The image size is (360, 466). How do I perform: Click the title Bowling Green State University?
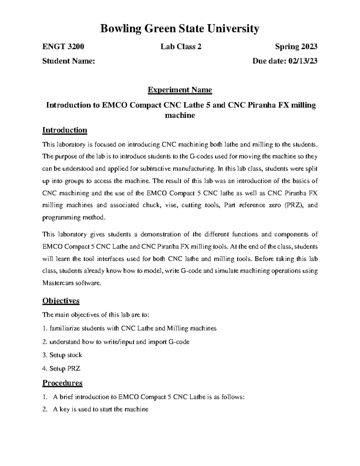click(180, 29)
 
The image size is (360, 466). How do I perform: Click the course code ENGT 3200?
click(63, 47)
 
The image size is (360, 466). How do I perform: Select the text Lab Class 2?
click(181, 47)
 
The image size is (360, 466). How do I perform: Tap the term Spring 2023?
click(296, 47)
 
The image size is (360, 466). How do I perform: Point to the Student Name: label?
click(69, 61)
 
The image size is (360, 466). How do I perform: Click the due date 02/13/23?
click(303, 61)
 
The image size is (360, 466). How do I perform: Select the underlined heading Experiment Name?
click(180, 90)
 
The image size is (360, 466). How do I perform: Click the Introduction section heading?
click(65, 130)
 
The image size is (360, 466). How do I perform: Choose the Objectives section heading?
click(61, 301)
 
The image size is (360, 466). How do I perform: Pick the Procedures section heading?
click(62, 383)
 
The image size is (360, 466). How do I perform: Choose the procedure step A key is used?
click(100, 409)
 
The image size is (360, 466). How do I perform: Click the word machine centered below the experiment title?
click(180, 115)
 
